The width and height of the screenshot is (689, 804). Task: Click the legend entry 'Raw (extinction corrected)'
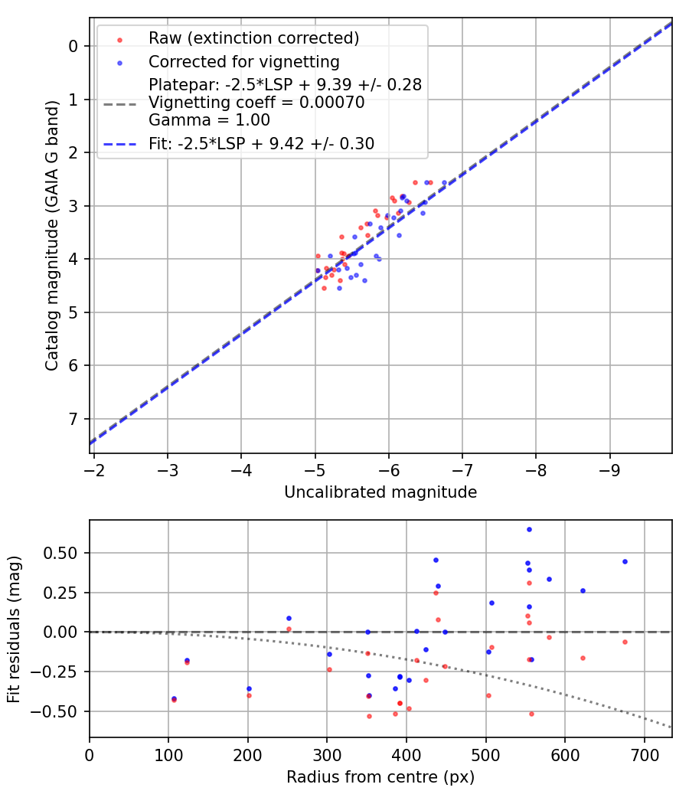click(x=253, y=38)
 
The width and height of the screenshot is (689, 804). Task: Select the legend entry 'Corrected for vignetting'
click(x=243, y=61)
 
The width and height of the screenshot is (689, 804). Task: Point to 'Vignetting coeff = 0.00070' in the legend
click(x=256, y=103)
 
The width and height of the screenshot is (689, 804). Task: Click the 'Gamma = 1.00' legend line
click(x=209, y=120)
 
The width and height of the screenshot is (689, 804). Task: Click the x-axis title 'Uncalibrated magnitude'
click(x=380, y=492)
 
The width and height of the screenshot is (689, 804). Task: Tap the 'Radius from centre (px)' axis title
click(x=380, y=777)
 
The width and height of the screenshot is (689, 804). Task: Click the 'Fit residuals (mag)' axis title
click(x=14, y=629)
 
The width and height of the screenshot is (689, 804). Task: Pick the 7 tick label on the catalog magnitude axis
click(x=73, y=419)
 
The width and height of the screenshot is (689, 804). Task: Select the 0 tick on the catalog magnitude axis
click(x=73, y=46)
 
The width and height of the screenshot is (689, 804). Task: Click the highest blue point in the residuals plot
click(x=529, y=529)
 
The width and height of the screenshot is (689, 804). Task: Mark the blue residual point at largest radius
click(x=625, y=561)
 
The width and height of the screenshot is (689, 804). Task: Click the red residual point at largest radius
click(x=625, y=642)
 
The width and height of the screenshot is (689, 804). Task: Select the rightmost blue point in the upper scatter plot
click(x=444, y=182)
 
